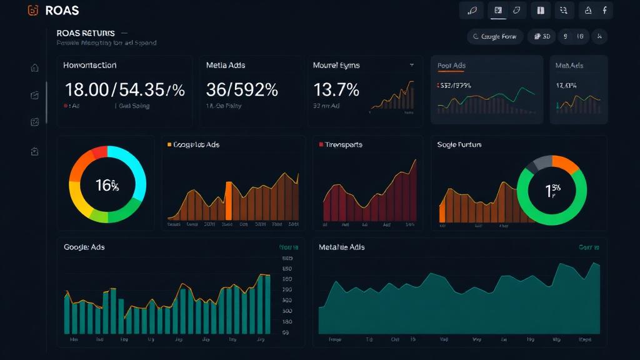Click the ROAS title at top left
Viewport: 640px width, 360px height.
pos(62,11)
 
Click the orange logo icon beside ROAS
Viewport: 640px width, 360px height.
pos(34,11)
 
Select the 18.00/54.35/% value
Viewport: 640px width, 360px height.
pos(124,90)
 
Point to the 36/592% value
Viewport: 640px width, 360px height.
pos(241,90)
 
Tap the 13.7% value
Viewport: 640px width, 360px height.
pos(336,90)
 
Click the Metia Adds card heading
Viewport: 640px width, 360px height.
pos(226,65)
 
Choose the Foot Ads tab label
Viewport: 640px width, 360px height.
pos(451,65)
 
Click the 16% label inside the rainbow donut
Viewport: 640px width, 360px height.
pos(107,185)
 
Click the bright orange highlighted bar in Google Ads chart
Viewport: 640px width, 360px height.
pos(228,201)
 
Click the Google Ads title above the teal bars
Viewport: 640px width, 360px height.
pos(84,247)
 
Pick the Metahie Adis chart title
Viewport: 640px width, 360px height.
pos(342,247)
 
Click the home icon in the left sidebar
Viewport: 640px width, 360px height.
pos(35,68)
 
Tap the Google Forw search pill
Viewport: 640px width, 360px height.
pos(494,36)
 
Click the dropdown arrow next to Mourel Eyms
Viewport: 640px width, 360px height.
pos(412,65)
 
